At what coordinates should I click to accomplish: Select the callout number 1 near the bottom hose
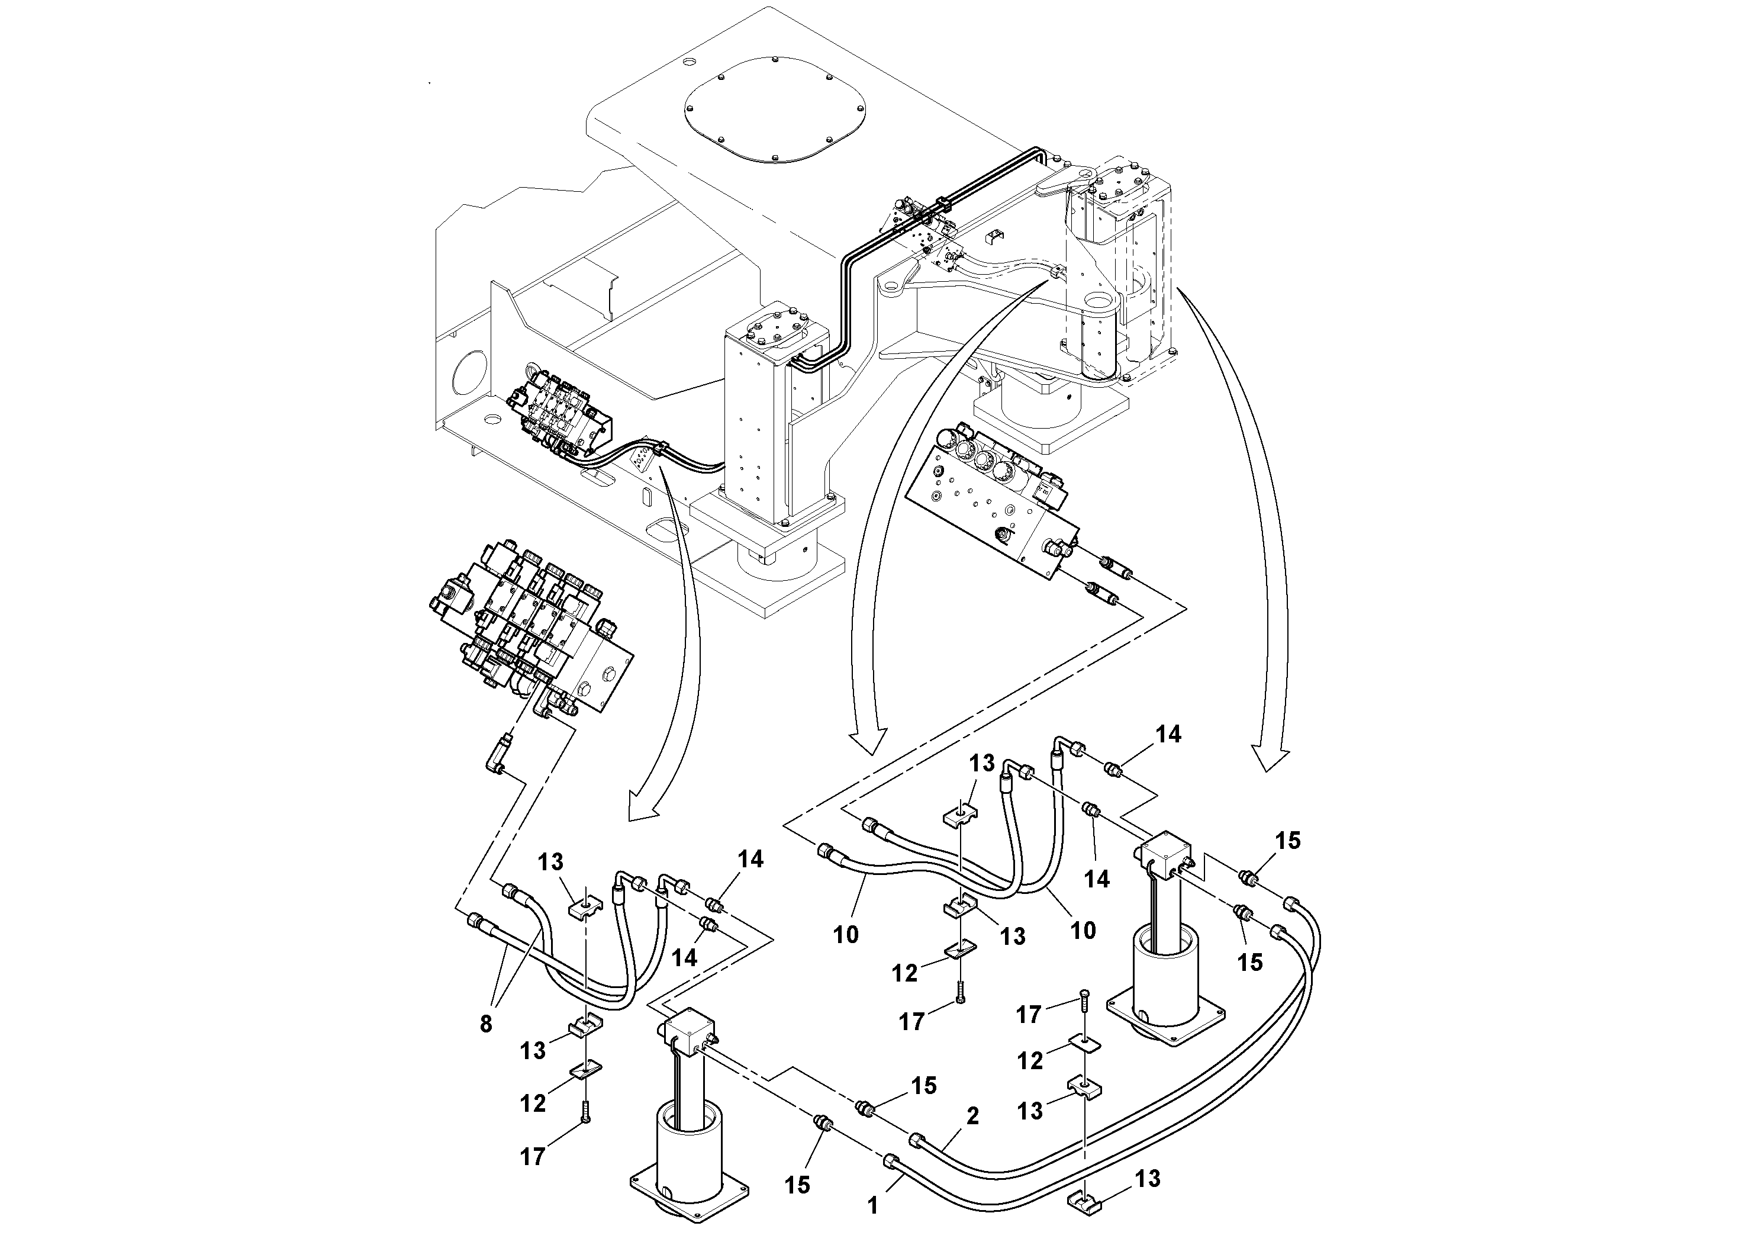[872, 1206]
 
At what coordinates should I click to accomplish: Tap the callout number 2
[972, 1116]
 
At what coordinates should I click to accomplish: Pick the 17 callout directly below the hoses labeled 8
[533, 1156]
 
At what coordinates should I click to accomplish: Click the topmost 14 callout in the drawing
[1168, 734]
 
